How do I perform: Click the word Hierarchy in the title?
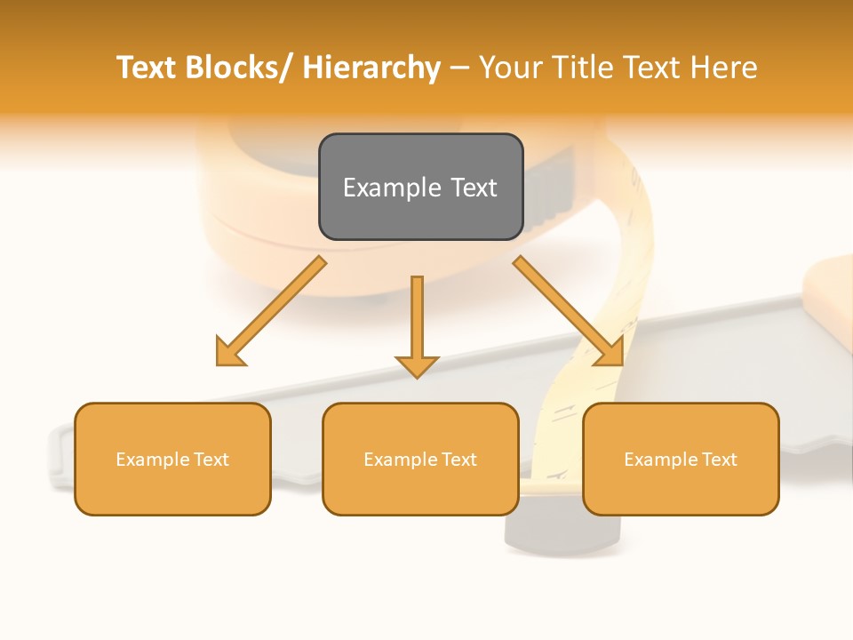click(x=371, y=68)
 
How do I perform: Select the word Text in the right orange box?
click(x=719, y=460)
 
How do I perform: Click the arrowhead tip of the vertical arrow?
click(x=417, y=377)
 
